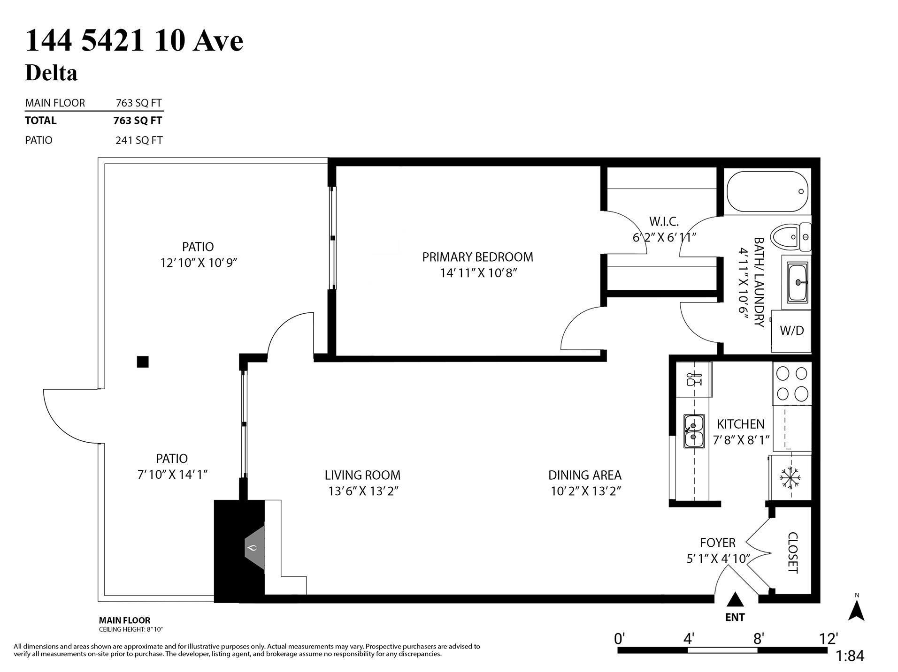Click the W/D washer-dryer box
click(791, 331)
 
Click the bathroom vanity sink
click(797, 282)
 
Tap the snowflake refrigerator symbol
click(790, 478)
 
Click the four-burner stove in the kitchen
click(792, 384)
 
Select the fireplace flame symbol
click(253, 548)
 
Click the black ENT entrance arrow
click(735, 600)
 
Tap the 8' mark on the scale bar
click(759, 639)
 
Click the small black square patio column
click(143, 362)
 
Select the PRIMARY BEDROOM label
click(477, 257)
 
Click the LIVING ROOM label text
click(362, 475)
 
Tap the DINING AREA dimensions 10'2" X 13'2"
click(586, 491)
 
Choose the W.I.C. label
click(664, 221)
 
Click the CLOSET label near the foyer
click(792, 552)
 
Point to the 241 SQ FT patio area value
click(139, 140)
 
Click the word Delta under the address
click(51, 73)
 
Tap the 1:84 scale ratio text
click(850, 656)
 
